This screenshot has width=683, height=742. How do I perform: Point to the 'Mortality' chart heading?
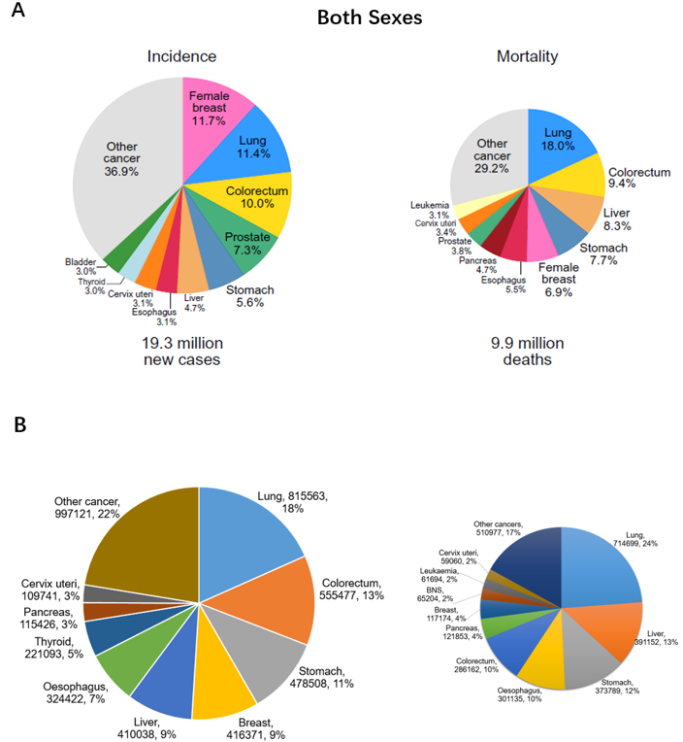point(527,56)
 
